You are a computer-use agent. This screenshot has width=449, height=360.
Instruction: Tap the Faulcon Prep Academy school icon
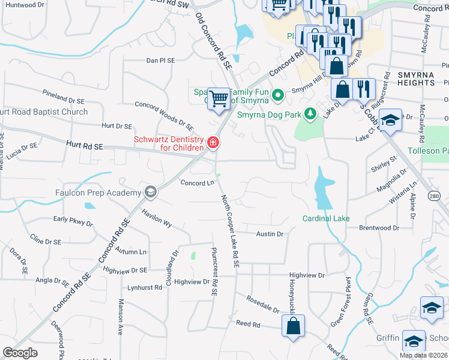click(150, 193)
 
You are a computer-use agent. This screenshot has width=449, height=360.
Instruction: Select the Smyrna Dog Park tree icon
click(310, 113)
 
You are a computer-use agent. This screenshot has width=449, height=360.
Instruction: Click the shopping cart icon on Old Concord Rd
click(220, 98)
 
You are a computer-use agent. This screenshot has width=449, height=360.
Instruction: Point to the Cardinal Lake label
click(325, 218)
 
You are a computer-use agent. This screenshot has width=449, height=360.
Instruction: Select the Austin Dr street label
click(270, 234)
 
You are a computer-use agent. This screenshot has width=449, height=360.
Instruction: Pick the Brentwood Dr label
click(379, 228)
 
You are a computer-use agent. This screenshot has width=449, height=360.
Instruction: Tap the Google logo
click(20, 353)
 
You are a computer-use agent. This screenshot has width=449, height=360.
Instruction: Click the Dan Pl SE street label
click(161, 61)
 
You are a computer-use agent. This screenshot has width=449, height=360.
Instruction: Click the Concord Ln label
click(197, 183)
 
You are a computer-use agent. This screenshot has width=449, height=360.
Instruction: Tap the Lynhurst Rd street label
click(141, 288)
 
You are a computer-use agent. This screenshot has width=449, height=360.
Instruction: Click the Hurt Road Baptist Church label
click(44, 112)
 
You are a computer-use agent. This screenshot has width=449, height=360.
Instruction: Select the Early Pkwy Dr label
click(73, 221)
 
